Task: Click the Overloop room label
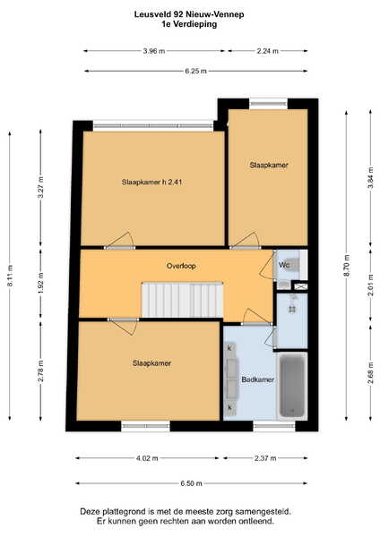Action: pyautogui.click(x=181, y=266)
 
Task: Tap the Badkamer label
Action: pyautogui.click(x=258, y=379)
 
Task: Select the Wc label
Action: pyautogui.click(x=284, y=265)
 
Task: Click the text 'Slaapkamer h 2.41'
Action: pyautogui.click(x=151, y=182)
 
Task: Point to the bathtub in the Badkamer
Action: pyautogui.click(x=292, y=386)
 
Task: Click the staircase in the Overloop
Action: pyautogui.click(x=183, y=300)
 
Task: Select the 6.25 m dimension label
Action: pyautogui.click(x=196, y=72)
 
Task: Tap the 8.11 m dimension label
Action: pyautogui.click(x=10, y=276)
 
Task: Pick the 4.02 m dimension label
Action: pyautogui.click(x=147, y=458)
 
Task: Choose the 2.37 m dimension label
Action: pyautogui.click(x=265, y=458)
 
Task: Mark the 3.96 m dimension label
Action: pyautogui.click(x=154, y=51)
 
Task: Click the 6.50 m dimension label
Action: pyautogui.click(x=192, y=483)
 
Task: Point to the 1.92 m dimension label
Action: pyautogui.click(x=41, y=283)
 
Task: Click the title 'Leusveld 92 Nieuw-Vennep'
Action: pyautogui.click(x=189, y=14)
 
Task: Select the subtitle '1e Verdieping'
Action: pyautogui.click(x=189, y=24)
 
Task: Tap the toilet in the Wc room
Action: pyautogui.click(x=292, y=264)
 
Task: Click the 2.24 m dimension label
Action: pyautogui.click(x=267, y=51)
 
